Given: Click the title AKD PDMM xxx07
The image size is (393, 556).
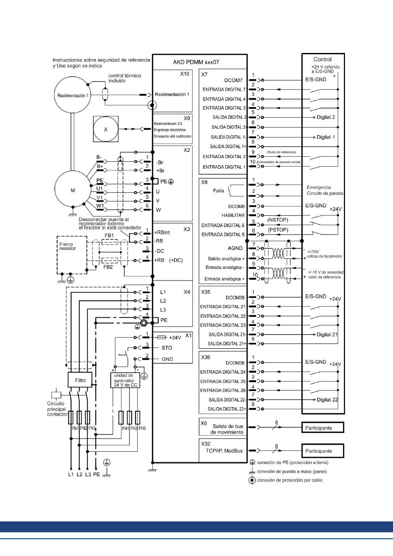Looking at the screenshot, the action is (196, 62).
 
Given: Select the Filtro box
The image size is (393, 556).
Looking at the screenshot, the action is (80, 380).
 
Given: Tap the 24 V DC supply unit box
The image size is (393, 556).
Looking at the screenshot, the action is (125, 381).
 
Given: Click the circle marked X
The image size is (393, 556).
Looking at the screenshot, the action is (106, 129).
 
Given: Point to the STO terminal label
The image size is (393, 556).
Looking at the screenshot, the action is (167, 348).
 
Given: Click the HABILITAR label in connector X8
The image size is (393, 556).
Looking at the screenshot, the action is (233, 216).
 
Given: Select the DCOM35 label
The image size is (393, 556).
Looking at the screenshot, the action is (235, 297).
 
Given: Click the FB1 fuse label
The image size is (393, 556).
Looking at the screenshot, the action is (109, 235).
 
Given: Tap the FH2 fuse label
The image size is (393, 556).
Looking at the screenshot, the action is (134, 428).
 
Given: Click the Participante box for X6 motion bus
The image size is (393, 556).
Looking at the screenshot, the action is (323, 428).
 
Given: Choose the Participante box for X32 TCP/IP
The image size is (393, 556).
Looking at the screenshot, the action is (323, 451).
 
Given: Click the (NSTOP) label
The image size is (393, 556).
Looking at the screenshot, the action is (278, 220).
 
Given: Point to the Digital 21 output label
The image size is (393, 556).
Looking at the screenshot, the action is (327, 335).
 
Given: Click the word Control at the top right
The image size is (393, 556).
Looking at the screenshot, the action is (322, 59).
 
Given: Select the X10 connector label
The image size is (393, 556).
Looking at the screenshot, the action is (185, 74).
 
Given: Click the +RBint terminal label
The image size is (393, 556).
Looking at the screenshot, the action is (162, 232).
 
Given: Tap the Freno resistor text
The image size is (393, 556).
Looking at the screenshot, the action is (67, 246).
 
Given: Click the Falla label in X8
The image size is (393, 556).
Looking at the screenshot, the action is (218, 191).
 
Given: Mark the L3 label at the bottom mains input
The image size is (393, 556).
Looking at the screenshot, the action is (88, 475).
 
